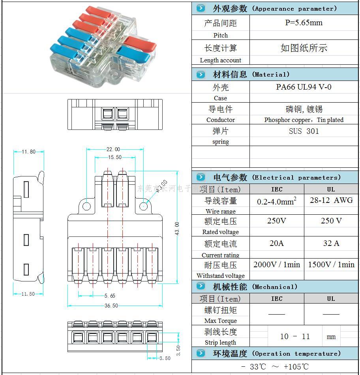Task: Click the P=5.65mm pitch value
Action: click(304, 23)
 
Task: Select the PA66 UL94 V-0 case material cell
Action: click(304, 87)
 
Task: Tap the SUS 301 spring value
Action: click(304, 131)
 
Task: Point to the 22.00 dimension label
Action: click(113, 149)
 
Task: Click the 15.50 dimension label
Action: click(114, 157)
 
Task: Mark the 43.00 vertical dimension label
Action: click(177, 229)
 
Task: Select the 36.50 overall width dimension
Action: click(111, 306)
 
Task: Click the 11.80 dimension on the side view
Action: click(28, 152)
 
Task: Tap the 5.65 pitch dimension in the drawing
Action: click(110, 296)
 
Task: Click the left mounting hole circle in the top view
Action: click(86, 206)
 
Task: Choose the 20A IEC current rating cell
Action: click(276, 243)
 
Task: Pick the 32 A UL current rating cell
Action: click(331, 243)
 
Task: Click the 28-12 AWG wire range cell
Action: click(331, 200)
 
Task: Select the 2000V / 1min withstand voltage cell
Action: click(276, 264)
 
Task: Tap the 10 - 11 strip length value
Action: click(295, 336)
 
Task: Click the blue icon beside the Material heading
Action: click(201, 74)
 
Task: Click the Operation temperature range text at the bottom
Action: click(275, 367)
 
